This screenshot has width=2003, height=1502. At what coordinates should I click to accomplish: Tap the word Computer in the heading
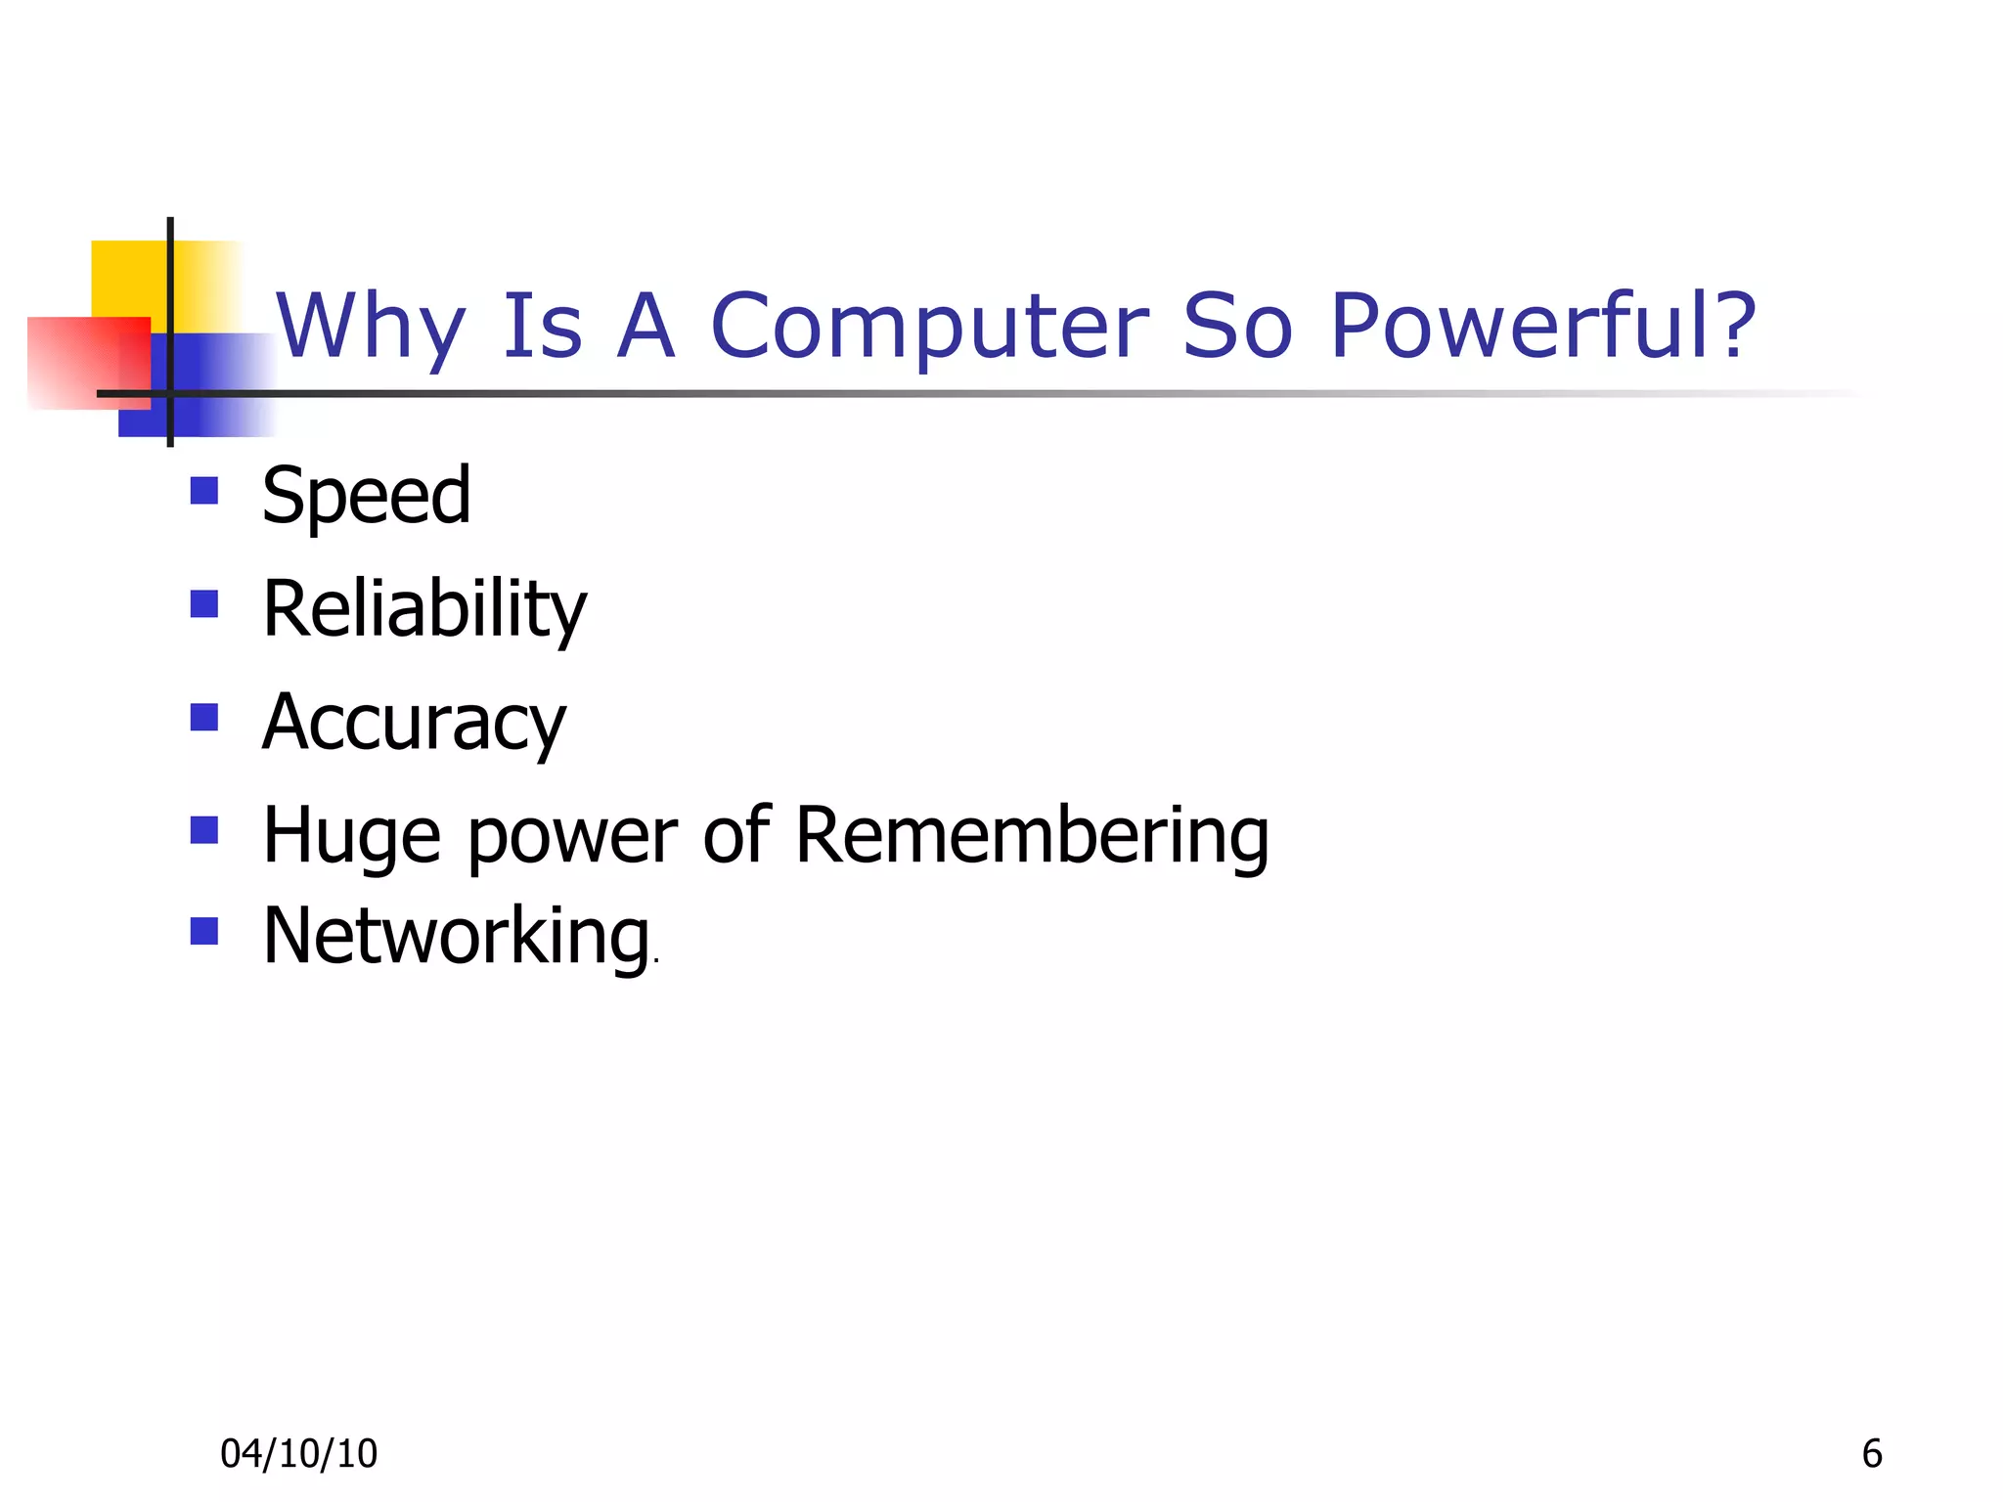click(x=929, y=328)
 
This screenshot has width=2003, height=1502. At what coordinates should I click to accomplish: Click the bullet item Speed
click(x=367, y=497)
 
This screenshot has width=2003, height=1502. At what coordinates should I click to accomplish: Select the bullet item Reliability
click(x=424, y=610)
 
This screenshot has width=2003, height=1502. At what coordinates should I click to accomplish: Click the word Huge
click(x=352, y=837)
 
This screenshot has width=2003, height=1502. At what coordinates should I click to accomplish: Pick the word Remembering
click(x=1032, y=835)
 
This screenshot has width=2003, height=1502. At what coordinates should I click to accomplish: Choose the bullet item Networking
click(x=457, y=937)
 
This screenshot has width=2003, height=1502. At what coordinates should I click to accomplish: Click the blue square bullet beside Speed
click(x=203, y=490)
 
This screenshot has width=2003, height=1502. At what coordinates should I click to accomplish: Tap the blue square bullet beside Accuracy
click(x=203, y=718)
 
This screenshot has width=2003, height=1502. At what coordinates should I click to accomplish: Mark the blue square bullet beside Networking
click(x=203, y=930)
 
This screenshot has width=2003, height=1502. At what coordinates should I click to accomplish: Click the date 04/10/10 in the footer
click(x=298, y=1454)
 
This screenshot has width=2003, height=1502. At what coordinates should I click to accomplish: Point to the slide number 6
click(x=1871, y=1454)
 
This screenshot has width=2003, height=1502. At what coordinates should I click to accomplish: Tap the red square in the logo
click(x=78, y=362)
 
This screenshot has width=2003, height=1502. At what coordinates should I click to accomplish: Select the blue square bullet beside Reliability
click(x=203, y=603)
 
